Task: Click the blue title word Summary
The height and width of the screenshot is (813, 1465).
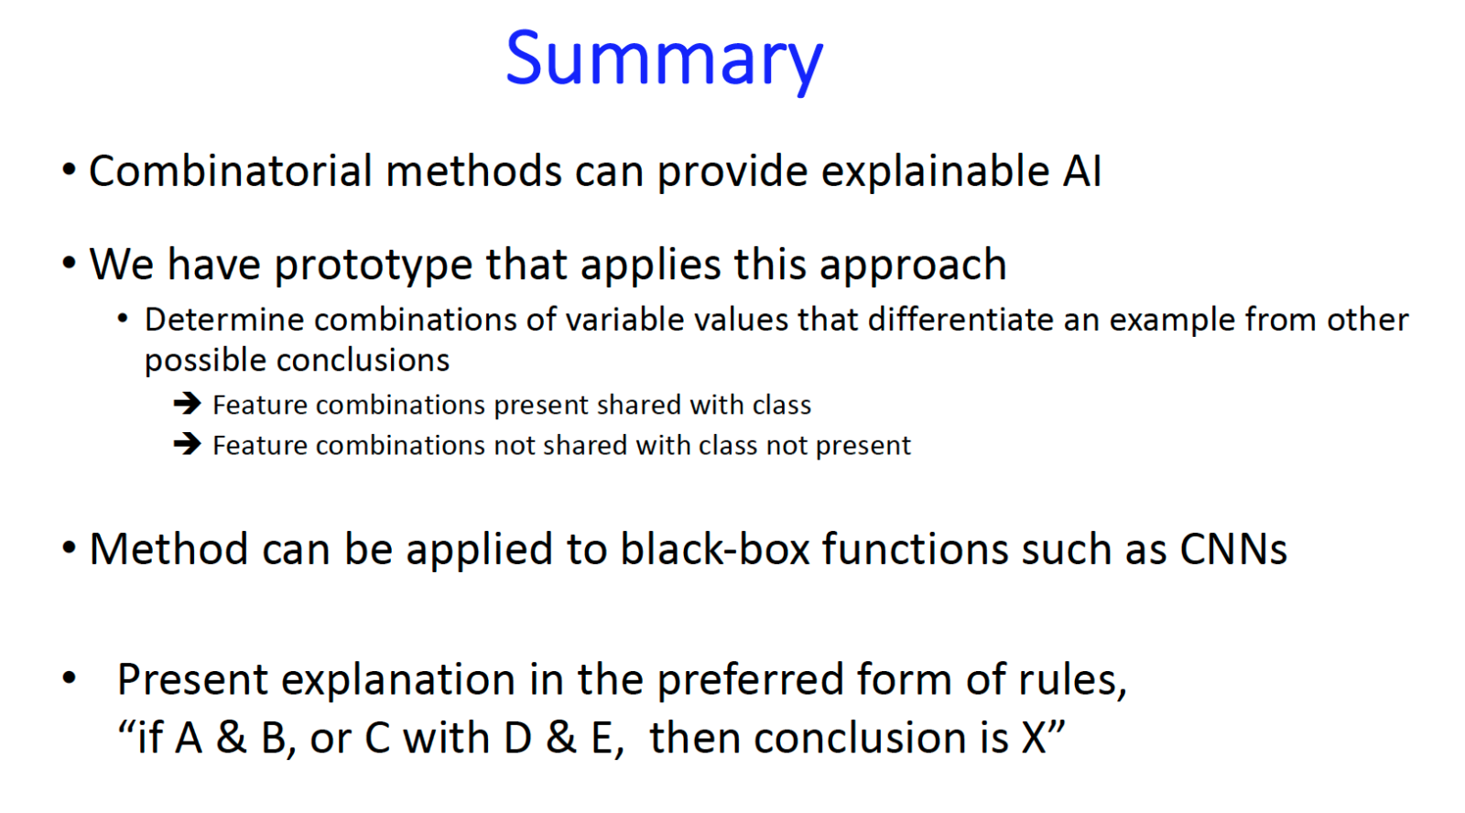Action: (x=664, y=60)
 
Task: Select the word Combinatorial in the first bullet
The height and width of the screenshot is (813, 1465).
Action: (x=230, y=170)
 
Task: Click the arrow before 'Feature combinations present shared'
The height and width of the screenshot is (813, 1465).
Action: (x=187, y=404)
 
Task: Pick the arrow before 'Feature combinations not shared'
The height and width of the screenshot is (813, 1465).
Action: (x=187, y=444)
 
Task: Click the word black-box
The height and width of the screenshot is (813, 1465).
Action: (x=715, y=548)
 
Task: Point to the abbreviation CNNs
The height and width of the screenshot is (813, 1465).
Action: (x=1233, y=548)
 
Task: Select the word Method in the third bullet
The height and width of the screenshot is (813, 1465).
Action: (x=168, y=548)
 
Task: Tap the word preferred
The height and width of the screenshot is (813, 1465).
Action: (x=750, y=681)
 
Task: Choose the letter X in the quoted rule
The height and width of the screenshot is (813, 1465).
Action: (x=1034, y=739)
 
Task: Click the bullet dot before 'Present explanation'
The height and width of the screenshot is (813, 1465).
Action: (x=70, y=677)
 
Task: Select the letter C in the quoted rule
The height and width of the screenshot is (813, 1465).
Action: (x=377, y=739)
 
